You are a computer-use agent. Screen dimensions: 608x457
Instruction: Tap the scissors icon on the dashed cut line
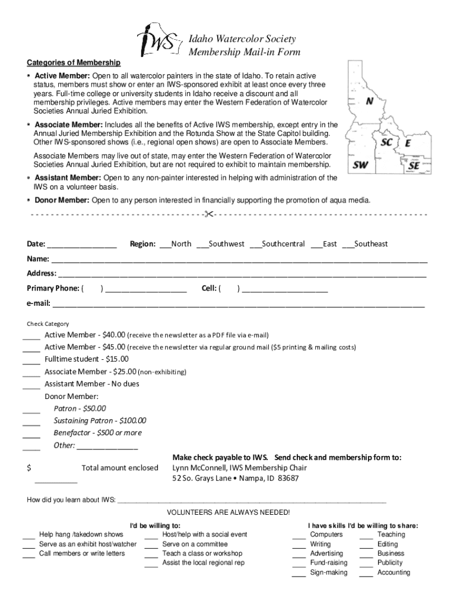pos(208,214)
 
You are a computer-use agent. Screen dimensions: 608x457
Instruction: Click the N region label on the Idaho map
pos(369,101)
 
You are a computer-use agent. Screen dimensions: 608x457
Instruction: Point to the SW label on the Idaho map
pos(360,165)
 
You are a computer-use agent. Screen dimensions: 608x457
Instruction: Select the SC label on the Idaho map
pos(386,142)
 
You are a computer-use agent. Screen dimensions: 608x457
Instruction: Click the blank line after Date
pos(81,245)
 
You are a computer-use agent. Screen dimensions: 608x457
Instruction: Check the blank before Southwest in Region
pos(201,245)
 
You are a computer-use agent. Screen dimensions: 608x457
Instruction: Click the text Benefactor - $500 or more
pos(97,433)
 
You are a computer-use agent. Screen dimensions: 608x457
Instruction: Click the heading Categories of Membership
pos(74,63)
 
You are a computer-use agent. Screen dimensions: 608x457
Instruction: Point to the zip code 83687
pos(288,478)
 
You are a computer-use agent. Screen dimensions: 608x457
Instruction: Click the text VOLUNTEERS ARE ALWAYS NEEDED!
pos(228,512)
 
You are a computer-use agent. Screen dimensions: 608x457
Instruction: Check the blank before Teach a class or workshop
pos(151,554)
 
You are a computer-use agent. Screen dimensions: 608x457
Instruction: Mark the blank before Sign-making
pos(299,574)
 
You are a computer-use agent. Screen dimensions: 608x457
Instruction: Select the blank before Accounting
pos(366,574)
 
